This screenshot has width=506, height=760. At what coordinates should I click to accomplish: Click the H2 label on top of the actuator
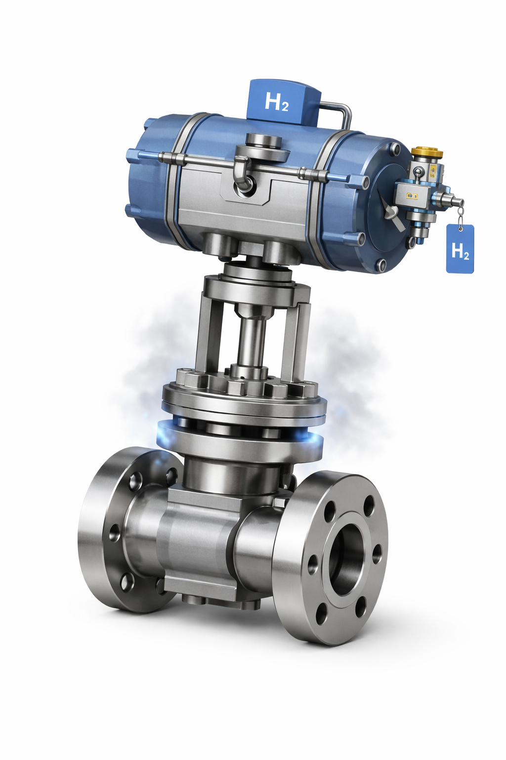277,101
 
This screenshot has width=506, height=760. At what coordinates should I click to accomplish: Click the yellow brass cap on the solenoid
426,151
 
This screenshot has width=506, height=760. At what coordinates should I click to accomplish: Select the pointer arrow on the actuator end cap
393,215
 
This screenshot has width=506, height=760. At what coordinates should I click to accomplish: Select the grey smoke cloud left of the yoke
148,356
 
